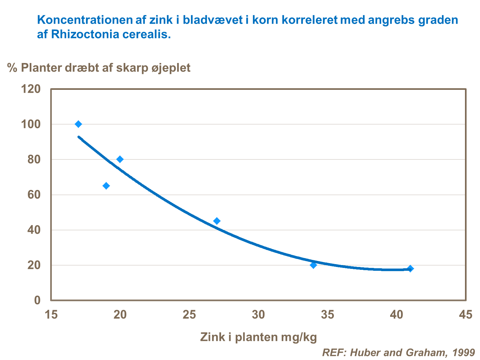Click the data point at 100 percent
78,124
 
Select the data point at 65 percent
106,186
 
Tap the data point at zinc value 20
120,159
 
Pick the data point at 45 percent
217,221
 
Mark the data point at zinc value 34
313,265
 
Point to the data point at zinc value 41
410,269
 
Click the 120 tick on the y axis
31,89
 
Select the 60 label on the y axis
34,195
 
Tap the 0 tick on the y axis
37,300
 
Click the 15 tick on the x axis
51,315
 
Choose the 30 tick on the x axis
258,315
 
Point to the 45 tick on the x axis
465,315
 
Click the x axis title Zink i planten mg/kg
258,337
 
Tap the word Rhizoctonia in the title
81,34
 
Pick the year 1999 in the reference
464,352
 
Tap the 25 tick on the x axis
189,315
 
